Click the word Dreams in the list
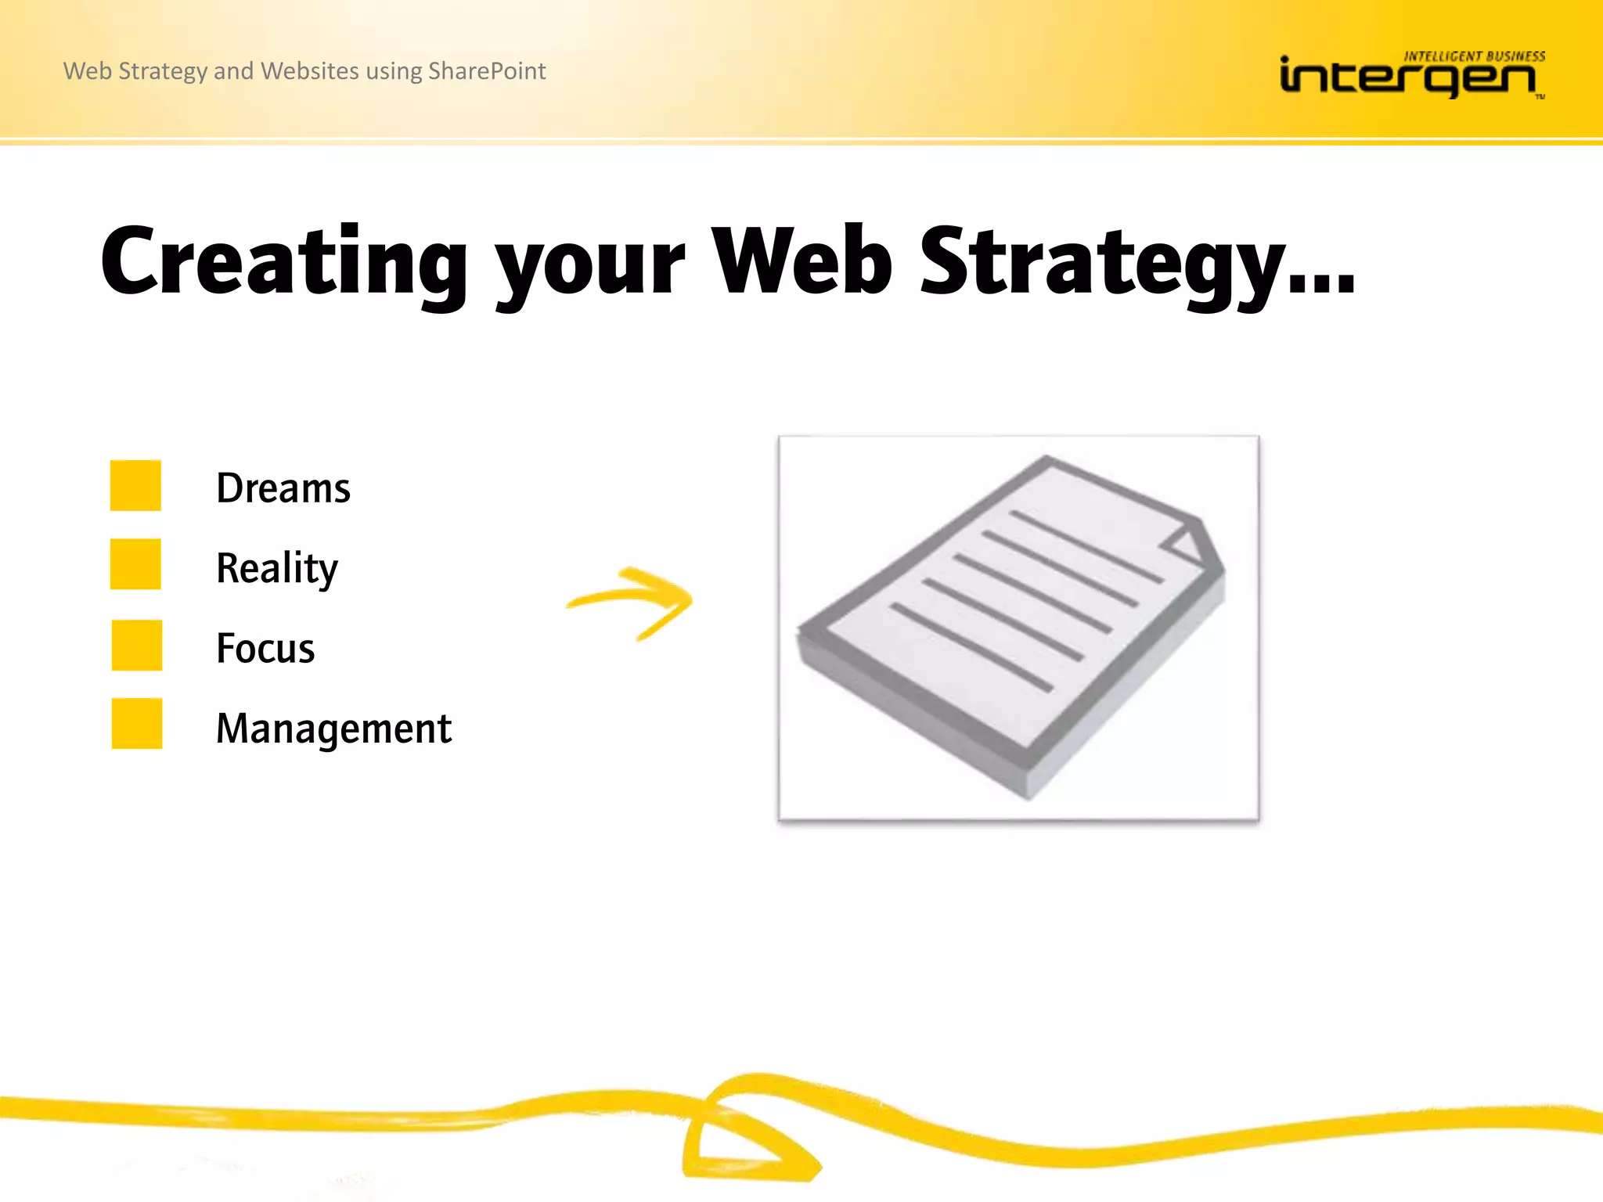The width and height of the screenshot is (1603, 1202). click(x=283, y=488)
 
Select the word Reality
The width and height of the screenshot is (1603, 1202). click(x=276, y=568)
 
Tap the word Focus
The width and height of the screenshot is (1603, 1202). click(x=265, y=649)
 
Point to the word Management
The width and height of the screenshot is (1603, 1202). click(x=333, y=729)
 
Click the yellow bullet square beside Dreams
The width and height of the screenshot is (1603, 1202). click(x=135, y=485)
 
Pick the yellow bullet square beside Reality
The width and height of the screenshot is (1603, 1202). click(x=135, y=563)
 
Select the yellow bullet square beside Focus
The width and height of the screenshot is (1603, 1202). click(x=136, y=645)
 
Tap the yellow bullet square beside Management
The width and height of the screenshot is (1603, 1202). click(x=136, y=723)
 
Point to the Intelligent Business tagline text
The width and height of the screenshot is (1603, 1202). click(x=1474, y=56)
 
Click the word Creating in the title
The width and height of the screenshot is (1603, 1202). click(x=283, y=262)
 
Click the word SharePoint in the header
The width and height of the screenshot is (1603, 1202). click(x=486, y=71)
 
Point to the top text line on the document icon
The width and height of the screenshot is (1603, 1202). click(x=1086, y=546)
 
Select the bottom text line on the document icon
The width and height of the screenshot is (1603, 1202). click(x=971, y=647)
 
